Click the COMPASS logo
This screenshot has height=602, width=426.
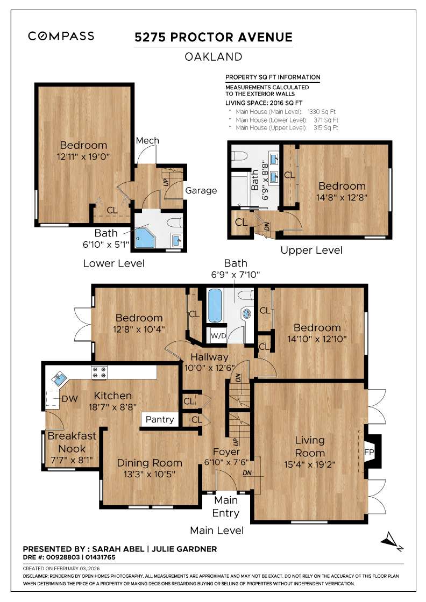click(61, 36)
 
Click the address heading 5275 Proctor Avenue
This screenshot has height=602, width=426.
click(214, 37)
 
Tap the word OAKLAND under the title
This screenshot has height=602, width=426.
click(214, 56)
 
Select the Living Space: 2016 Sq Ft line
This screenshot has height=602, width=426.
click(264, 102)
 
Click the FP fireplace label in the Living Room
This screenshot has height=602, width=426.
click(370, 452)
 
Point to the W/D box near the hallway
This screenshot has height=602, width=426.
click(218, 336)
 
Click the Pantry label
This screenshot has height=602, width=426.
click(160, 419)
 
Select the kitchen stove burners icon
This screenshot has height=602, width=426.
click(100, 370)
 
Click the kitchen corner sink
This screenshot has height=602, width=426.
click(58, 379)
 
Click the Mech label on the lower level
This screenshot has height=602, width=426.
click(147, 141)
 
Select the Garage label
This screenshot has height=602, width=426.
click(201, 190)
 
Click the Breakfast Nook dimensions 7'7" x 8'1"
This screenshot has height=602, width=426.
click(64, 460)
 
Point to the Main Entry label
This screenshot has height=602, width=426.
click(225, 507)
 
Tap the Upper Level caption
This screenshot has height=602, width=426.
click(311, 250)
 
